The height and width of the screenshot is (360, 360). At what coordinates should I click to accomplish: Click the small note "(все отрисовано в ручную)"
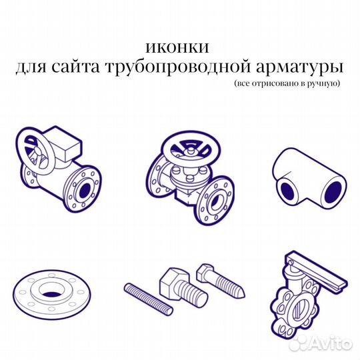coord(287,84)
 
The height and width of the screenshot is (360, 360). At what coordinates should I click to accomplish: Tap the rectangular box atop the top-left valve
coord(69,144)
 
